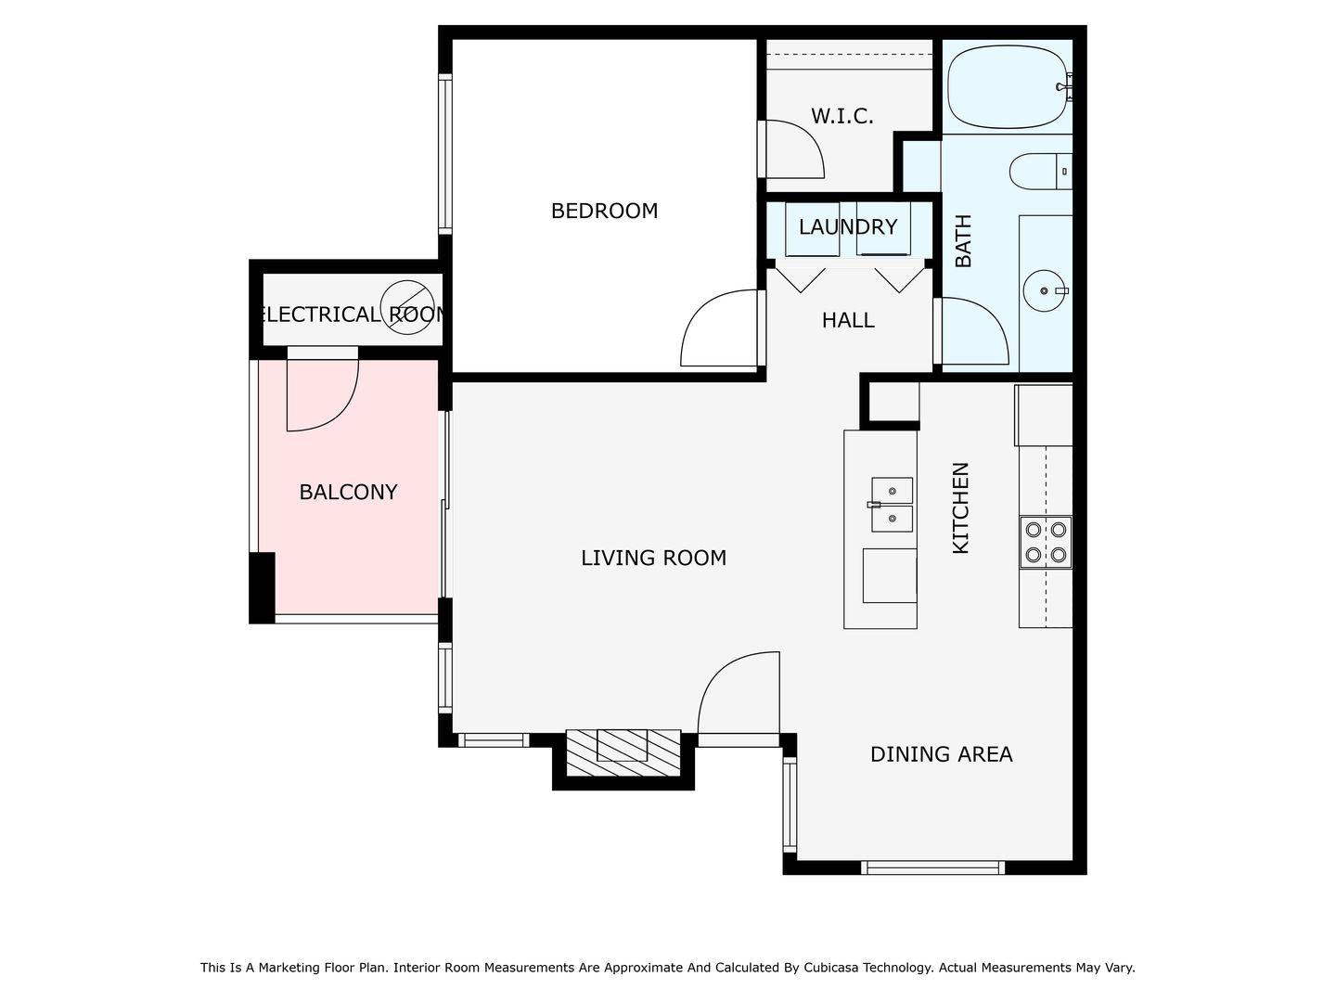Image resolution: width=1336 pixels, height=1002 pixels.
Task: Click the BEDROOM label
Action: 604,212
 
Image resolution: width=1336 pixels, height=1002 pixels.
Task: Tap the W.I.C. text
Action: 841,116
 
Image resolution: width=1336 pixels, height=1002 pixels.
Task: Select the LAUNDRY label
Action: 848,227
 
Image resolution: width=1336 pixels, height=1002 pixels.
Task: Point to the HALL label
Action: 848,320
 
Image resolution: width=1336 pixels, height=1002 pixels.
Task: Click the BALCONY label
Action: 348,492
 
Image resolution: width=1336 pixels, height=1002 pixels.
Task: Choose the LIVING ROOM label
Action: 653,558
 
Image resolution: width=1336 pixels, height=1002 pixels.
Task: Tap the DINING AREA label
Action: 941,754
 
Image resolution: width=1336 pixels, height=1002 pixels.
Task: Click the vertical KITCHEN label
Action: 960,508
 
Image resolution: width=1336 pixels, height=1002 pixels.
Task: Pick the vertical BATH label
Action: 964,241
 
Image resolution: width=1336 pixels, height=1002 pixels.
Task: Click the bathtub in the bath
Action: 1008,86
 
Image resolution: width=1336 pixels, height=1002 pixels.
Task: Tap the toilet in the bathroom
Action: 1040,172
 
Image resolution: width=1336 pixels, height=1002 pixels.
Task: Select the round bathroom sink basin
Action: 1044,290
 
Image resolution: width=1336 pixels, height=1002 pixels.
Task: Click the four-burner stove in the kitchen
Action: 1046,542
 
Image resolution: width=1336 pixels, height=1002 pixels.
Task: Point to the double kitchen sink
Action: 892,505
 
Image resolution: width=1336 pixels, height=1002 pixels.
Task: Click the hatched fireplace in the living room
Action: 623,753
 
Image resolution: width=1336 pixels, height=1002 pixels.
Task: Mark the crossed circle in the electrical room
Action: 407,307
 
